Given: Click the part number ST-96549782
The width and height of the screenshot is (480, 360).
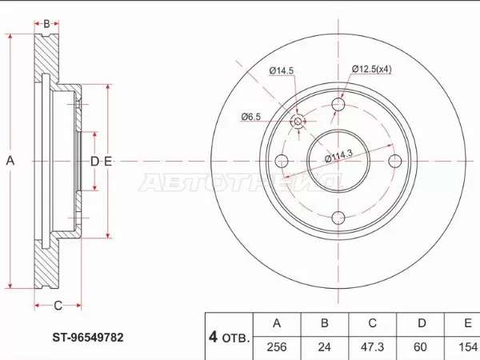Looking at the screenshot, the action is pos(88,338).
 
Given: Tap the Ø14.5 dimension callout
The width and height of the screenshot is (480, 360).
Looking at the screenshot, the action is pos(282,70).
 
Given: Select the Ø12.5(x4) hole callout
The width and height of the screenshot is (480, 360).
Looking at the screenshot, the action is pos(372,69).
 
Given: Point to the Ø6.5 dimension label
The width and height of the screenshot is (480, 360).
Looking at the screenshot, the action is pos(250,117).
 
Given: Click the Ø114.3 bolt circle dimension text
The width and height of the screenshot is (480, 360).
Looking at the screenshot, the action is pos(339,156).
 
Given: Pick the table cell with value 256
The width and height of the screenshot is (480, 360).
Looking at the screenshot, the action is pos(277,347).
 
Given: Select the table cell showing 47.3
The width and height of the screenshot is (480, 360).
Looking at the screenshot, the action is pos(372,347).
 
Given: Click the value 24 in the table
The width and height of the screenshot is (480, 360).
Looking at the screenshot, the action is pos(325,347).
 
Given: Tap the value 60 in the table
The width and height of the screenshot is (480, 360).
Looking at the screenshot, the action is pos(420,347).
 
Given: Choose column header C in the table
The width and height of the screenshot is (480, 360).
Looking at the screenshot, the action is pos(372,323).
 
